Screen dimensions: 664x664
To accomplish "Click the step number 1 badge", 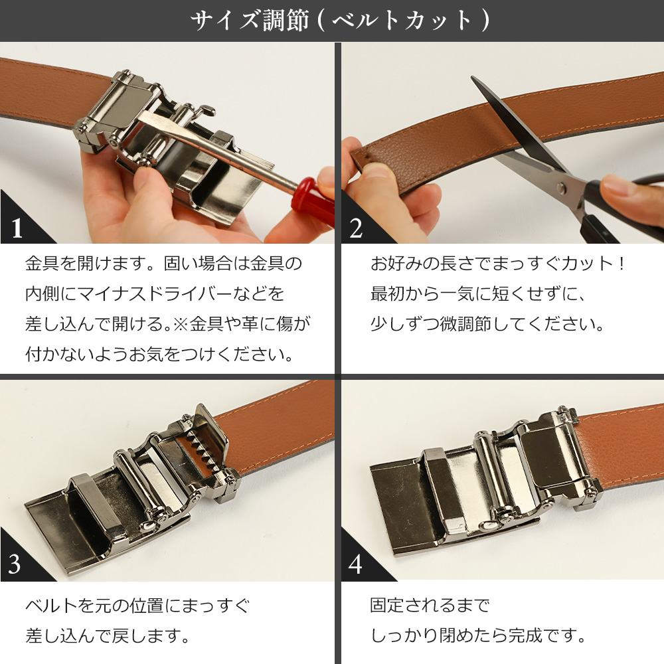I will click(x=17, y=228).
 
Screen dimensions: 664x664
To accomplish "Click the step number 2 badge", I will click(x=357, y=228).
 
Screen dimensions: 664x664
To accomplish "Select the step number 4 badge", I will click(x=356, y=564).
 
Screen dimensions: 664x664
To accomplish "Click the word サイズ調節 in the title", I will click(x=249, y=21).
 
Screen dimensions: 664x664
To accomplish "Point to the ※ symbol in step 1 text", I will click(x=179, y=323).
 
